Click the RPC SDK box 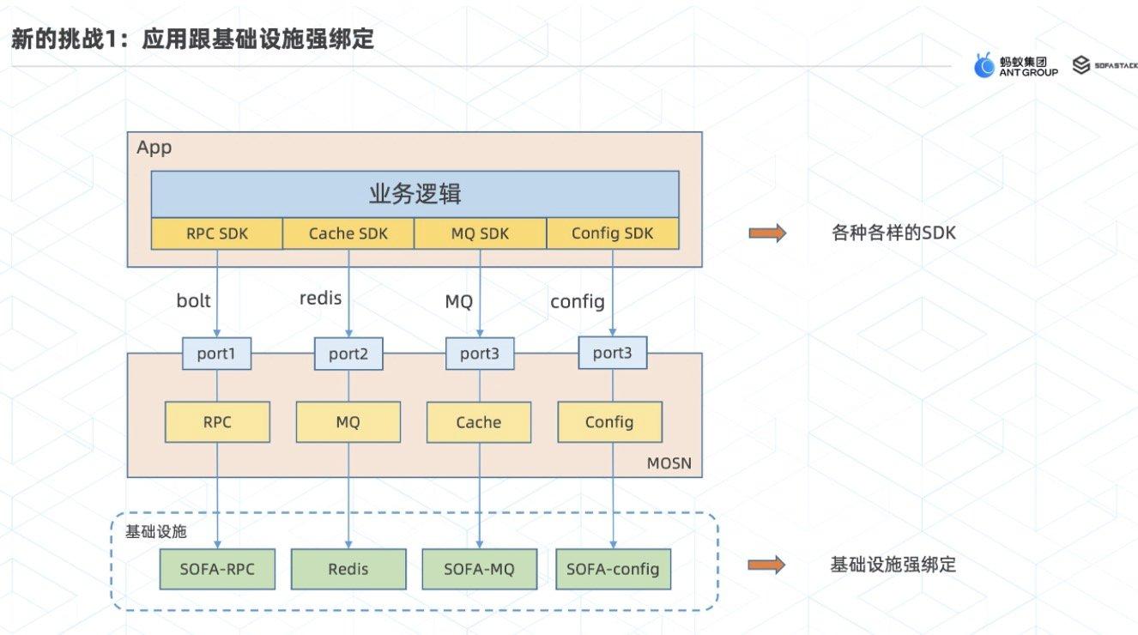(x=217, y=233)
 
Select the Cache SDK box (x=348, y=233)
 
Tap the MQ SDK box (x=480, y=233)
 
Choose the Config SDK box (x=612, y=233)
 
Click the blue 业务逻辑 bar (x=415, y=194)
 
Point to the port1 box (x=217, y=353)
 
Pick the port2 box (x=348, y=353)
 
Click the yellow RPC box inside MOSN (x=217, y=422)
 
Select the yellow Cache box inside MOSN (x=479, y=422)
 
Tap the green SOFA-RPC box (x=217, y=569)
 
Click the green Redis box (x=348, y=569)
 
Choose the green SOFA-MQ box (x=479, y=569)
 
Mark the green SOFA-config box (x=613, y=569)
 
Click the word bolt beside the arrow (x=193, y=300)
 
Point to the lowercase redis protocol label (x=320, y=299)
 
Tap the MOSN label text (x=669, y=465)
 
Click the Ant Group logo (x=1015, y=66)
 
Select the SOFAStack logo (x=1104, y=65)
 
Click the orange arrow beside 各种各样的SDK (x=766, y=233)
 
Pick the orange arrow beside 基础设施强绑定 (x=766, y=565)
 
